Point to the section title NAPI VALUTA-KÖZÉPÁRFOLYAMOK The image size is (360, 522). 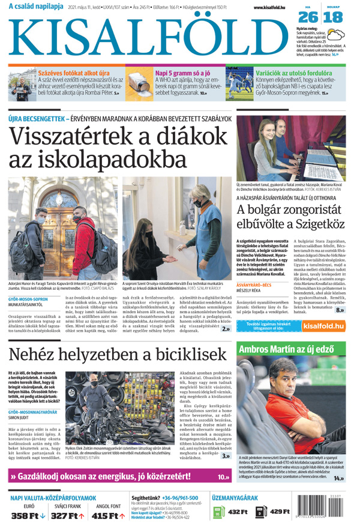54,498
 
